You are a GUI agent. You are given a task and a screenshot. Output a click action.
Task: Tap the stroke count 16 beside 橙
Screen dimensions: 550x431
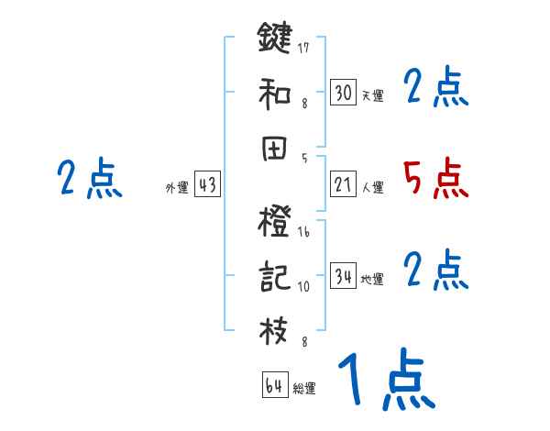point(304,233)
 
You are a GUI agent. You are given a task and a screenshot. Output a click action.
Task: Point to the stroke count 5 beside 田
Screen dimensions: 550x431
point(304,158)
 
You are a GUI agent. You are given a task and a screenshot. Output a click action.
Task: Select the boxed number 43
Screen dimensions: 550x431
point(207,184)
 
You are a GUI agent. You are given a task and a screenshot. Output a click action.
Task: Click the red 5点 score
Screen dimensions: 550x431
point(435,179)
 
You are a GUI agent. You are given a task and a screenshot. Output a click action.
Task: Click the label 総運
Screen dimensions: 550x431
point(304,389)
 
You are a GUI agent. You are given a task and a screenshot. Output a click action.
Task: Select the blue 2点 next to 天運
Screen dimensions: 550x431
point(435,87)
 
